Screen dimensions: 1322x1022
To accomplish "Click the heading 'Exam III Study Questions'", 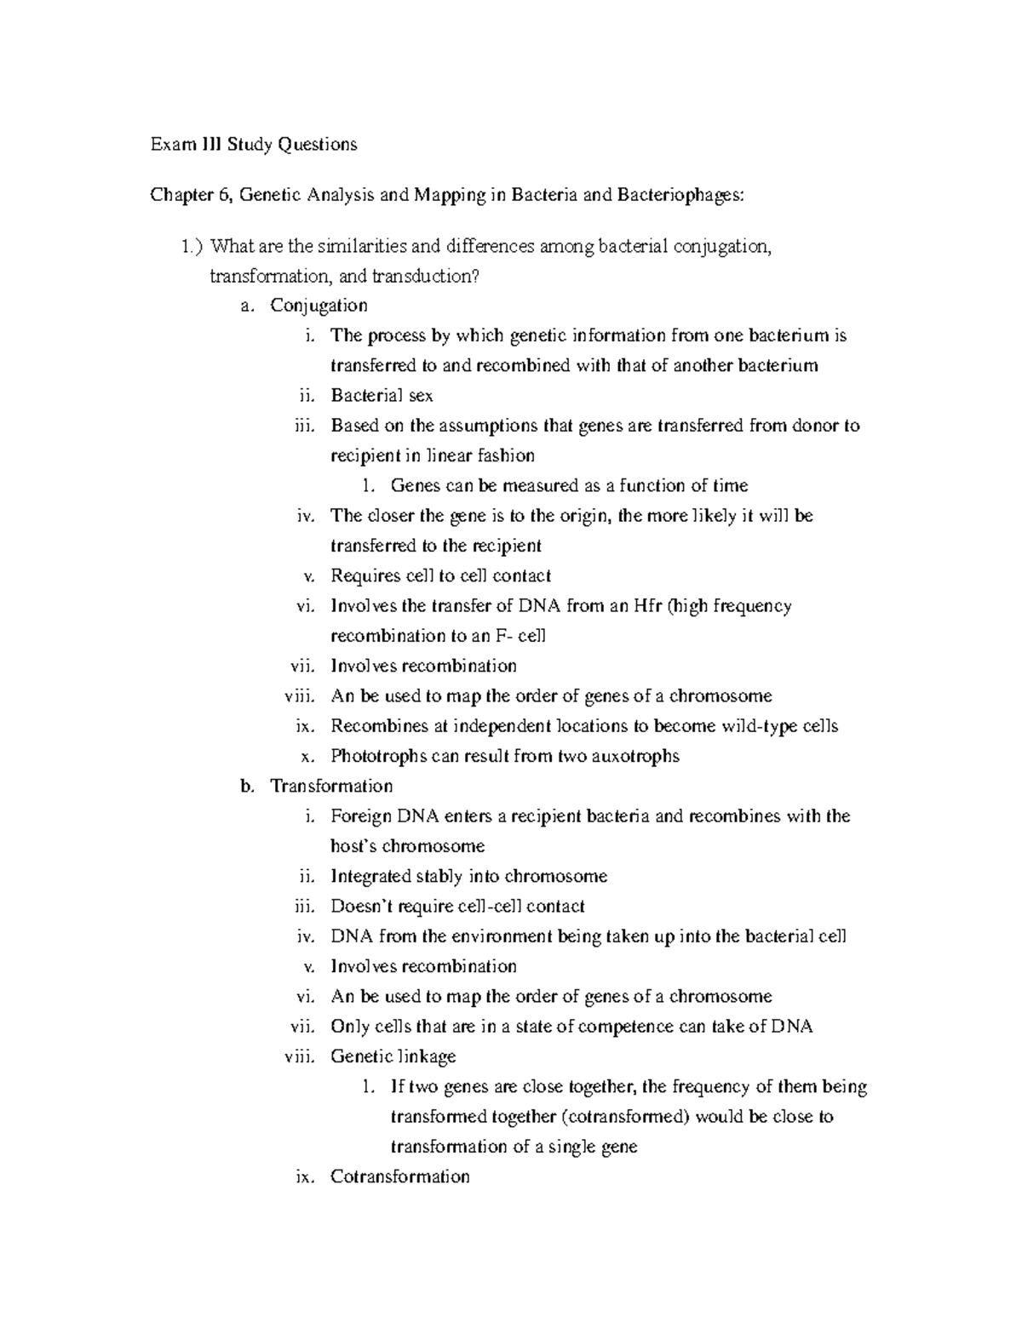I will point(254,145).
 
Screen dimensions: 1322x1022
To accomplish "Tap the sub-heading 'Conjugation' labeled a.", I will point(319,306).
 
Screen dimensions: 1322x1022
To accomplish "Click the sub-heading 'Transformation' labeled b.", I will point(330,786).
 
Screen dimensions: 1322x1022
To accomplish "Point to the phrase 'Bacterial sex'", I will point(382,396).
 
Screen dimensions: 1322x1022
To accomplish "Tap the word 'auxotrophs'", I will point(635,756).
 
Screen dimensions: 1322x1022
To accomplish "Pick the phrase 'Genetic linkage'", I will point(393,1056).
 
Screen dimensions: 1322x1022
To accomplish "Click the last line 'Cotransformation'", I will point(399,1177).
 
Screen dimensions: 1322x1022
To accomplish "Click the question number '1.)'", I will point(192,247).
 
